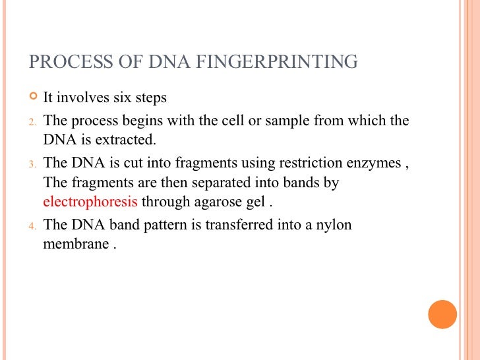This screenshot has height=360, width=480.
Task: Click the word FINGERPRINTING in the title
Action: coord(276,61)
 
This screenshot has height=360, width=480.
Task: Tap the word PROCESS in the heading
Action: coord(71,61)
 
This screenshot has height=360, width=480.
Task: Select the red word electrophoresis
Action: coord(90,202)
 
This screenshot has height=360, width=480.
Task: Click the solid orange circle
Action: coord(442,315)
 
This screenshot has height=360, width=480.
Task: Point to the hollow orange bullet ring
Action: coord(33,96)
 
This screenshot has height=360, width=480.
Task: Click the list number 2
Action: coord(32,122)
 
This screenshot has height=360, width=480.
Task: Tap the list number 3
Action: coord(32,164)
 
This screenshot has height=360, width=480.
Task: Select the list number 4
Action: coord(32,226)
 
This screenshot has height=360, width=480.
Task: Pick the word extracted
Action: coord(125,140)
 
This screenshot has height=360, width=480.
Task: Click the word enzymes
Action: coord(373,163)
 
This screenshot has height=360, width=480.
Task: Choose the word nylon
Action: coord(334,225)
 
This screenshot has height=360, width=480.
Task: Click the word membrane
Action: coord(76,244)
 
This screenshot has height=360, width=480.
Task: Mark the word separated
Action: coord(222,183)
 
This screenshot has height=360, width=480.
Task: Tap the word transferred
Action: coord(239,224)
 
